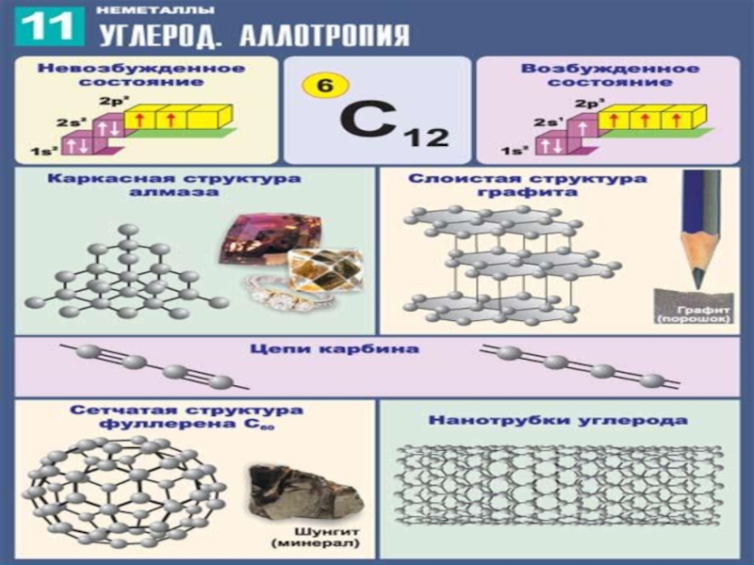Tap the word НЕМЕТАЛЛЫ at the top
[155, 10]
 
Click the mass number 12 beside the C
[425, 137]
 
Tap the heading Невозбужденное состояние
[141, 75]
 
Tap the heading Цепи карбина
[375, 350]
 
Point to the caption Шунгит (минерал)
[295, 538]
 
